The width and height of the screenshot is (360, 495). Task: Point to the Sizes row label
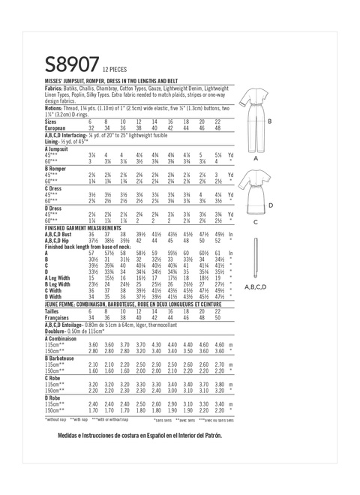coord(52,121)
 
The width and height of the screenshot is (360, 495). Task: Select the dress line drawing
coord(256,191)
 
